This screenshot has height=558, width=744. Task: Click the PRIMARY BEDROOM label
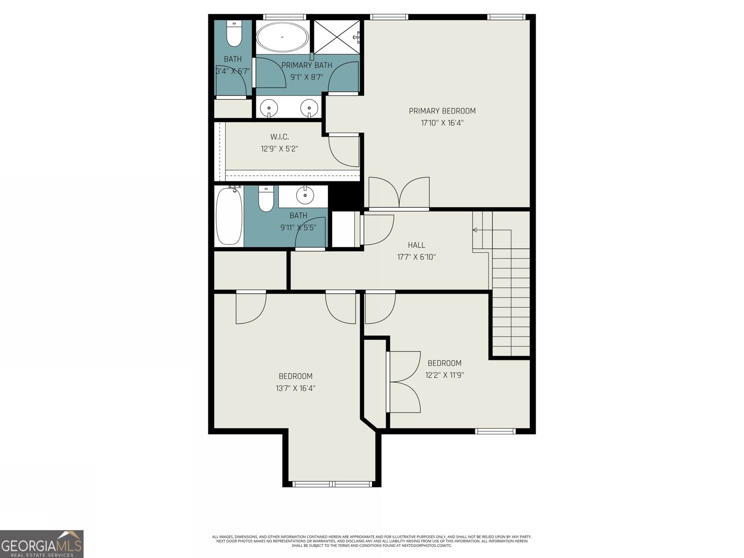442,111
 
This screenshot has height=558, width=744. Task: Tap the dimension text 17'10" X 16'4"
442,123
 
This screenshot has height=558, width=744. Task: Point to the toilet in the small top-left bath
234,35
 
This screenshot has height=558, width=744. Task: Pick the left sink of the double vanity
269,108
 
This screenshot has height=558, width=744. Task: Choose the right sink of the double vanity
309,108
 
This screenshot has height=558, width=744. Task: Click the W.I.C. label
279,137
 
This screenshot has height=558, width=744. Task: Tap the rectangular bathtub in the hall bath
229,216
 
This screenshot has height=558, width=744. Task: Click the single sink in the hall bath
305,196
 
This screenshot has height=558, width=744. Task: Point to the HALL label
416,245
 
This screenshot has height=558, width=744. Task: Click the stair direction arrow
475,230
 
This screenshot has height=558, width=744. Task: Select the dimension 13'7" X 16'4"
295,388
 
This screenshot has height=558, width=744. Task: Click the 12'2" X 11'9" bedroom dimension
444,375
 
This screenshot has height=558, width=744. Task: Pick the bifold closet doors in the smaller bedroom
404,382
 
